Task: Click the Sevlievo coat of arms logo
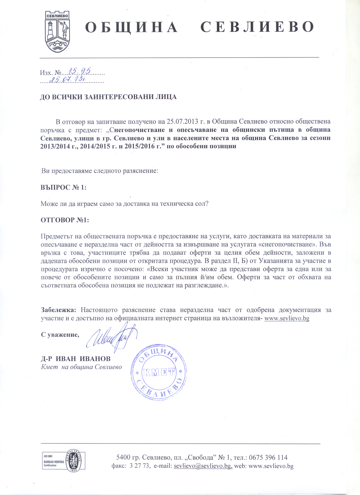(58, 31)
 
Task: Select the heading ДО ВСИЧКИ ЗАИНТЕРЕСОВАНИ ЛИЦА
(108, 97)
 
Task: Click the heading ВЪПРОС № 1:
(64, 187)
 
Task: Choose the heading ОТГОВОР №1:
(65, 220)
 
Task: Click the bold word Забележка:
(58, 310)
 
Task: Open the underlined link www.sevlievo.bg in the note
(286, 318)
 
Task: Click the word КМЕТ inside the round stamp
(159, 373)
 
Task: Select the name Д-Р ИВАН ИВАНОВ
(76, 359)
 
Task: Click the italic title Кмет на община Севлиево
(81, 367)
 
